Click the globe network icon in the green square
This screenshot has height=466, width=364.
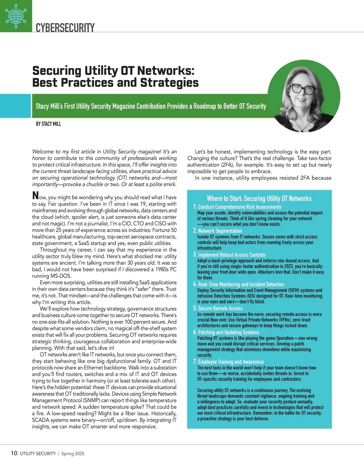coord(16,16)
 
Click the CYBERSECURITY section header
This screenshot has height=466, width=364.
coord(65,28)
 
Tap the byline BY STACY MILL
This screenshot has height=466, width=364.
coord(48,124)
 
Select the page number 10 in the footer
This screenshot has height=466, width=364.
coord(14,453)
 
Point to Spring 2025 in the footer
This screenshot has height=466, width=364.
coord(73,454)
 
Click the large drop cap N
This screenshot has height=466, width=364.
coord(35,196)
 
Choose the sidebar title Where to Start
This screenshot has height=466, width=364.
coord(259,199)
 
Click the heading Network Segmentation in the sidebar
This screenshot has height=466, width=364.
coord(220,231)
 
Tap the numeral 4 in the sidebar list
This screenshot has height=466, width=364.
coord(195,284)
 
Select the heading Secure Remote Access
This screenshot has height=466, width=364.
coord(220,308)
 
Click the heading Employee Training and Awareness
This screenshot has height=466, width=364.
coord(231,362)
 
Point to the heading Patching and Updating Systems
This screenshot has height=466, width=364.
coord(228,332)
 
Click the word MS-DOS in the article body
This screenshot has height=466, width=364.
coord(62,276)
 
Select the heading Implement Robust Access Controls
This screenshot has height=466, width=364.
coord(232,255)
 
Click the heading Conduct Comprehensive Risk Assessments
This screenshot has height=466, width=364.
coord(240,207)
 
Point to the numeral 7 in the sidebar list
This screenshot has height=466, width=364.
coord(195,362)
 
